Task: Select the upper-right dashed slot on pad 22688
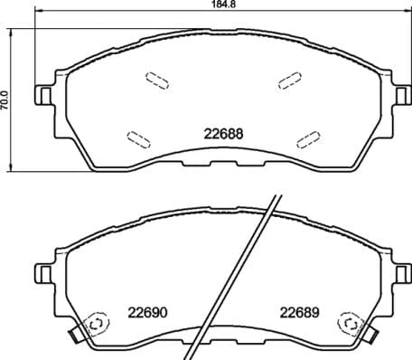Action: click(291, 81)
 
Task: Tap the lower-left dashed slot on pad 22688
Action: click(140, 138)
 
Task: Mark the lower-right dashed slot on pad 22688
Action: click(308, 138)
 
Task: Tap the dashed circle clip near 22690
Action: click(93, 327)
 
